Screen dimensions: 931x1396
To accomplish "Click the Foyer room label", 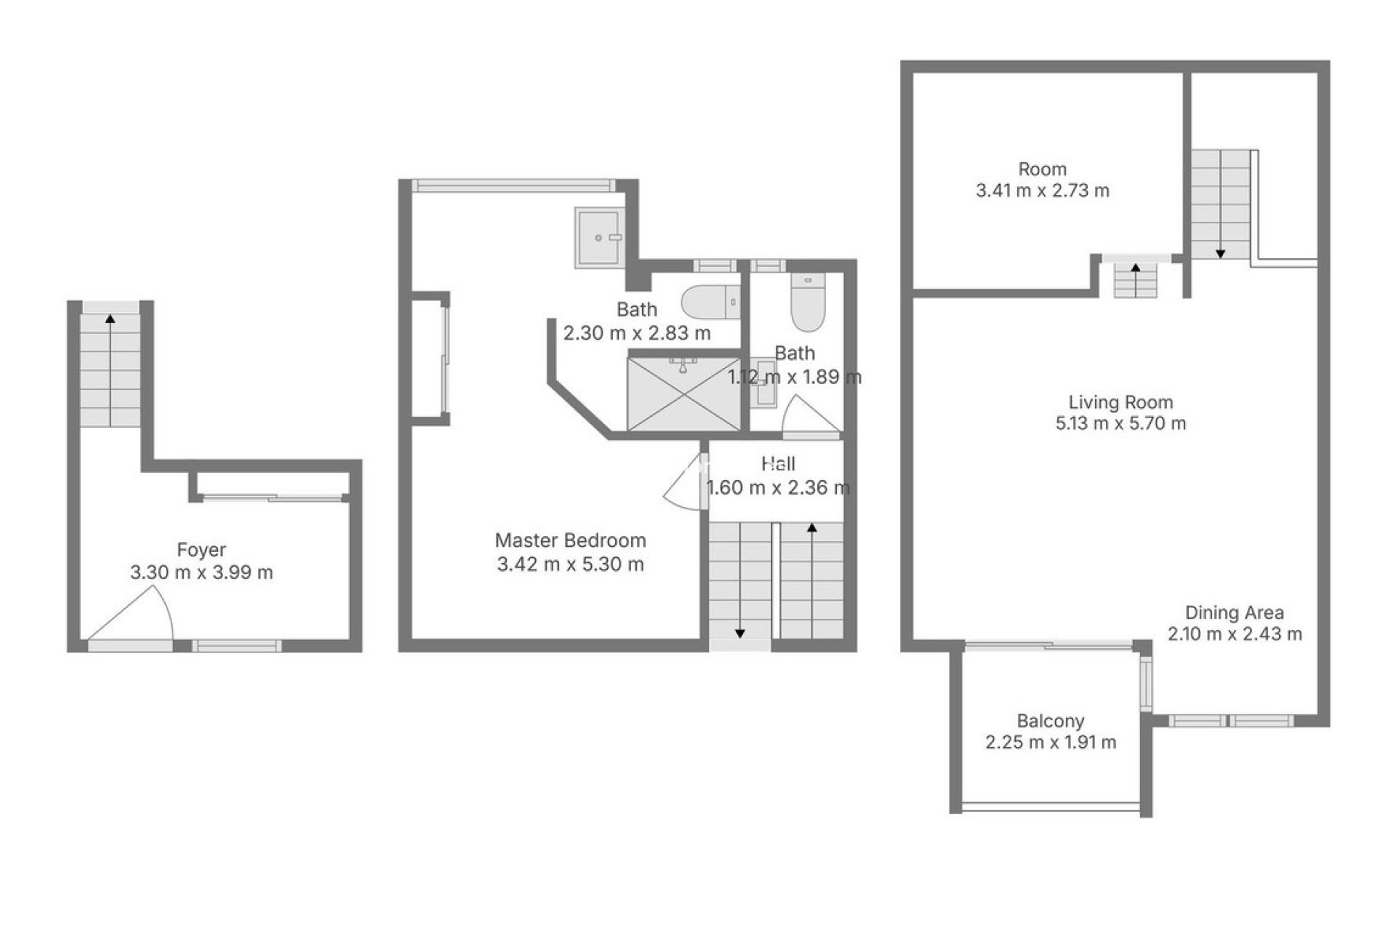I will click(x=201, y=550).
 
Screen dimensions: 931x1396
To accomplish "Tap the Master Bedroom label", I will click(x=570, y=540).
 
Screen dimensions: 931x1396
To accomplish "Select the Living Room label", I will click(x=1120, y=402).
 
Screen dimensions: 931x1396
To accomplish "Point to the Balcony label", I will click(x=1051, y=721).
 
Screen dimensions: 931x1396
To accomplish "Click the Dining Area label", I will click(x=1235, y=612).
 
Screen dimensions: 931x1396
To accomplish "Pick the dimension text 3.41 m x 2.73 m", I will click(x=1043, y=191).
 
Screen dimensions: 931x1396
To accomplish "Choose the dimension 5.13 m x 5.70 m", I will click(x=1120, y=423).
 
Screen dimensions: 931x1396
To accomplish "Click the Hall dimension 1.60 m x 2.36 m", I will click(x=778, y=487).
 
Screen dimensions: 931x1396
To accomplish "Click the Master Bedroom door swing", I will click(x=683, y=484).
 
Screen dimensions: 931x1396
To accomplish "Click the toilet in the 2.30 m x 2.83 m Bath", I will click(x=709, y=300).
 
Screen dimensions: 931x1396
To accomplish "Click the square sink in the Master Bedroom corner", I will click(x=598, y=237).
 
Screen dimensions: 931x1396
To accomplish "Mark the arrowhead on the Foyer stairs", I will click(x=110, y=318).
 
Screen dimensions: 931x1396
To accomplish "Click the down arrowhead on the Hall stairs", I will click(x=739, y=634).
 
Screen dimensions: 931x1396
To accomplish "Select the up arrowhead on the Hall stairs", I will click(x=811, y=527).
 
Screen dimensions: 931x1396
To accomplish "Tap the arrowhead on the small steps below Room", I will click(x=1135, y=268).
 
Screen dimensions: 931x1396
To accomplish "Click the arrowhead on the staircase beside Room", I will click(x=1220, y=254).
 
